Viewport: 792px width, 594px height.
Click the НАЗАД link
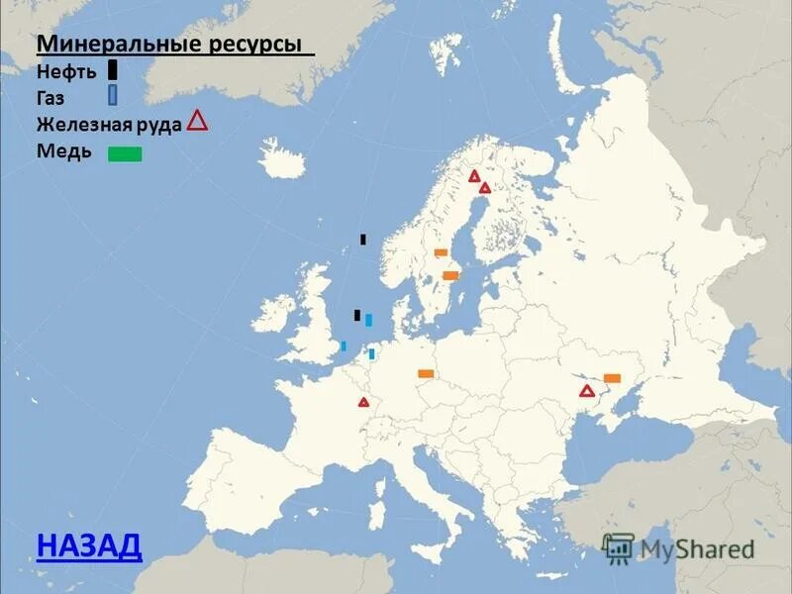pos(89,544)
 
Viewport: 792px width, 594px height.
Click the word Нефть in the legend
pos(67,71)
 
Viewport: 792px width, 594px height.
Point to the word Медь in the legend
pos(64,151)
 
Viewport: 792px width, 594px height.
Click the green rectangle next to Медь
pos(125,153)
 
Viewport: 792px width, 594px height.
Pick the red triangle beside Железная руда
pos(197,121)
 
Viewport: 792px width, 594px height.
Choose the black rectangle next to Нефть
pos(113,69)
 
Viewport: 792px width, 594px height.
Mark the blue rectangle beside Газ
pos(113,95)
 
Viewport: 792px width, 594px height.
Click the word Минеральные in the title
pos(120,45)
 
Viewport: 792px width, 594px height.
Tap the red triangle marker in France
pos(363,402)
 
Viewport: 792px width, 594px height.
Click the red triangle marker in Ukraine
pos(587,391)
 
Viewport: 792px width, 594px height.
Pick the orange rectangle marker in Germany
pos(426,373)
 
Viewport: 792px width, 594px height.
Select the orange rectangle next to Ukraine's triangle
pos(612,377)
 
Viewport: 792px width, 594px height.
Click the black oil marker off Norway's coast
pos(363,239)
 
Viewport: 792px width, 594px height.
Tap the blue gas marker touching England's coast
pos(344,346)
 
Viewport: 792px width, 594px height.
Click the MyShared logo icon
pos(618,547)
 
